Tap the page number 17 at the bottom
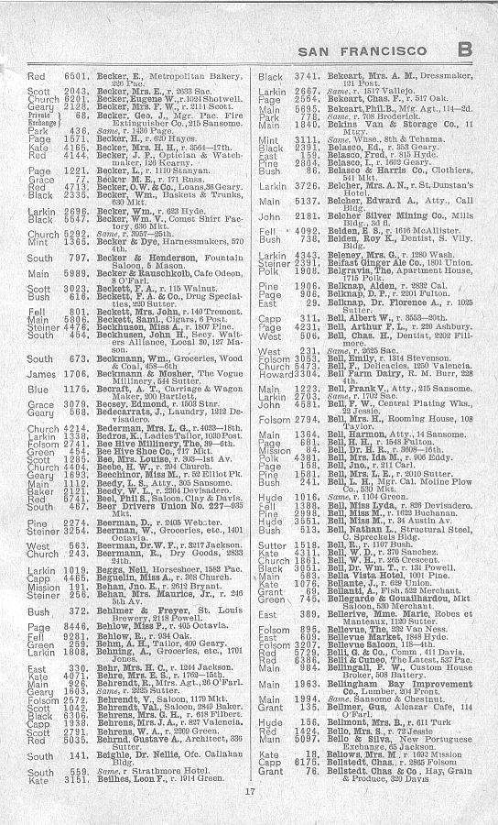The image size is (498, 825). (x=249, y=790)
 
